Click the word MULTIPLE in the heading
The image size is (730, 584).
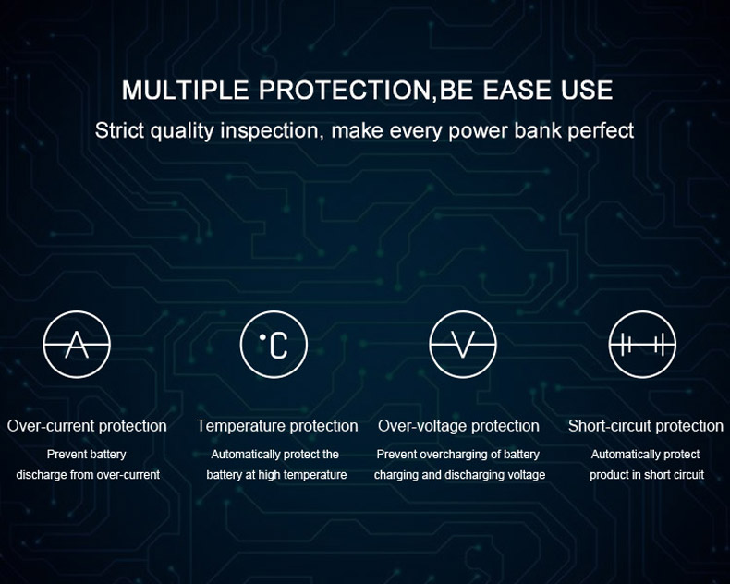point(186,90)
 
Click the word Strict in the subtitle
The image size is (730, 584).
point(119,130)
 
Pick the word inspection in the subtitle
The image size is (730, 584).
point(272,130)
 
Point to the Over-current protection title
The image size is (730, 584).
point(87,426)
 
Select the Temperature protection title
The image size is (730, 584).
point(277,426)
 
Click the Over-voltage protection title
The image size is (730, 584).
point(458,426)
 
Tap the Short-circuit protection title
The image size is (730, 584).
point(646,426)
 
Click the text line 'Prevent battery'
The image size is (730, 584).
point(87,455)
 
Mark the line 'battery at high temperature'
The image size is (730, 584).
point(276,475)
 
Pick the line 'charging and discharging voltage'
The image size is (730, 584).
point(460,475)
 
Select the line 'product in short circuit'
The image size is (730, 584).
point(647,475)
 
